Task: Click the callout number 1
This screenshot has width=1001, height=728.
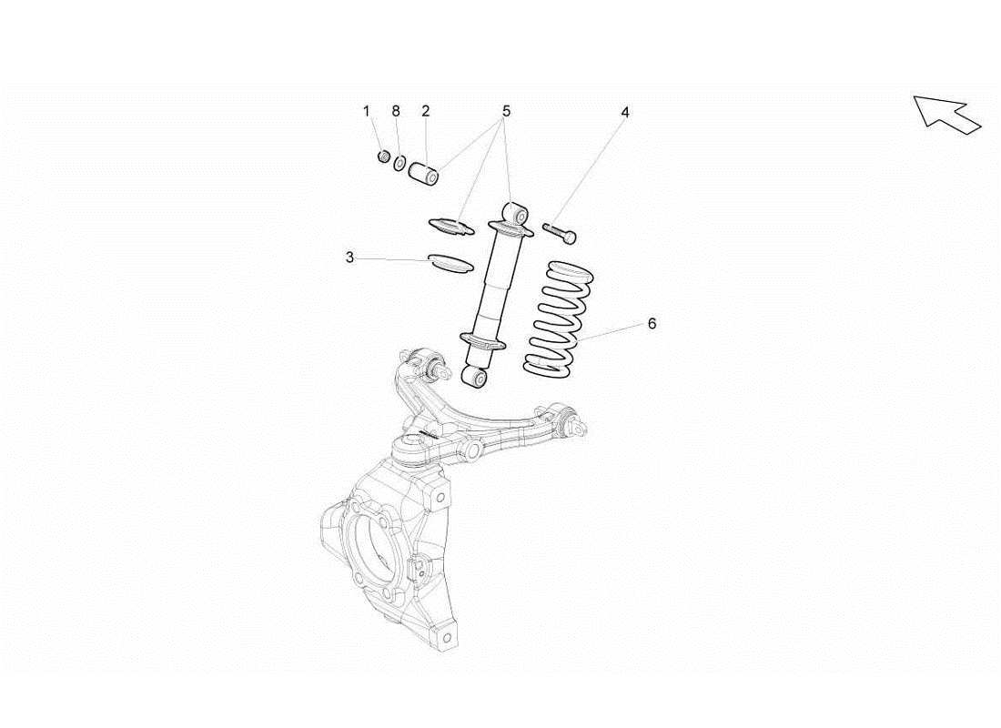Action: point(367,112)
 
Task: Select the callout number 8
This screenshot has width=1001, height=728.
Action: point(396,112)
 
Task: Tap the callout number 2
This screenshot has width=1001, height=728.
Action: point(425,112)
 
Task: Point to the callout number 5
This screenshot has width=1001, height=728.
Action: point(506,111)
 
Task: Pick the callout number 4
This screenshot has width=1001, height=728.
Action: point(625,112)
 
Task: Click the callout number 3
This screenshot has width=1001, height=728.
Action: point(349,258)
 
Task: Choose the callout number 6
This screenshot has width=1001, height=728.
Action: point(652,323)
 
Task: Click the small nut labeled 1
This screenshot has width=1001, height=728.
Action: point(383,157)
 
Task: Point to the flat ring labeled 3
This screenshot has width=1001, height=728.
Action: point(450,262)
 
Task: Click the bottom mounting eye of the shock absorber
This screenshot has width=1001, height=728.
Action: point(475,376)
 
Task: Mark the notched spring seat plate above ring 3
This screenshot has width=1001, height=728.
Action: point(451,224)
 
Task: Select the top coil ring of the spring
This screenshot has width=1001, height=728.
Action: point(571,270)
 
